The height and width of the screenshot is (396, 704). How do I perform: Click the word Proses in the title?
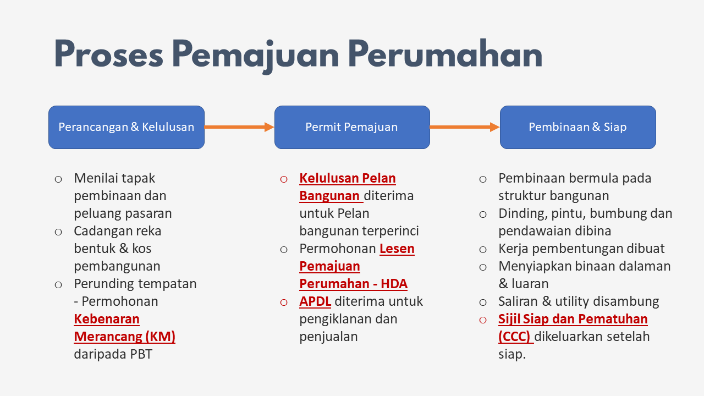point(109,54)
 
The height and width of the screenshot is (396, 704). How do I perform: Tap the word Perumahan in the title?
point(445,54)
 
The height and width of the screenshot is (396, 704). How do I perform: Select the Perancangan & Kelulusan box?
point(127,127)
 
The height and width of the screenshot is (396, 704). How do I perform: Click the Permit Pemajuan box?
point(352,127)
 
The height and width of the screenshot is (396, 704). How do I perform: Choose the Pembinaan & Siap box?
point(577,127)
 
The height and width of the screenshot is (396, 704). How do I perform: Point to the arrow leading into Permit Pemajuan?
point(239,127)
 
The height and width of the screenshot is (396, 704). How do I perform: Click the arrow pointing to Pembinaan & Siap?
point(465,127)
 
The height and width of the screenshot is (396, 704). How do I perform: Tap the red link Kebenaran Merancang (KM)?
point(124,328)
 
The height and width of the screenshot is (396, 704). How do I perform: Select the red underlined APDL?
point(315,301)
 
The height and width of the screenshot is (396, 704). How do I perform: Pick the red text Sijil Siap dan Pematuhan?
point(573,319)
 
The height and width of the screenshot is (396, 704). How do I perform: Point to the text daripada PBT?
point(113,354)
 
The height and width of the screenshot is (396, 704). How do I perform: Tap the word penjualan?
point(328,337)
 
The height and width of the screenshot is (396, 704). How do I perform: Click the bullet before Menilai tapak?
point(58,179)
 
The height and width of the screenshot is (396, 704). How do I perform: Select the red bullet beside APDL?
point(284,302)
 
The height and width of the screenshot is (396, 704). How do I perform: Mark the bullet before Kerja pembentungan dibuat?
point(483,250)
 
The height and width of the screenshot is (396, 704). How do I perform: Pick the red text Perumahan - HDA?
point(353,284)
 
